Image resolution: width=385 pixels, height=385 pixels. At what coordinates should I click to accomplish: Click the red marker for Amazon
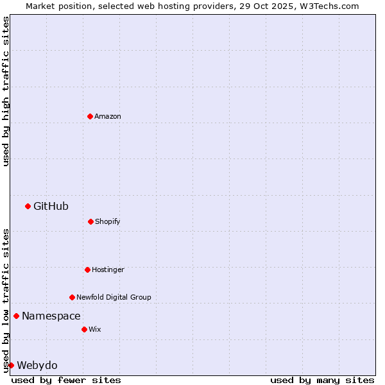pos(90,116)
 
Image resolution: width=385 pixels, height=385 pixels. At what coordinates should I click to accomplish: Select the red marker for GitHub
pos(28,206)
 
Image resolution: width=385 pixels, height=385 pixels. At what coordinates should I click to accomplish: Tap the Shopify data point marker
pos(90,221)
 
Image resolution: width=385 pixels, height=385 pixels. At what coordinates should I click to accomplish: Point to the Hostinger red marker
pos(87,269)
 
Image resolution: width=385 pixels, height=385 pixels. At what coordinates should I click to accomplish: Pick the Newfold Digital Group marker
pos(72,297)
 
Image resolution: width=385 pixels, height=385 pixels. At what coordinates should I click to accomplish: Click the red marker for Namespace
pos(16,316)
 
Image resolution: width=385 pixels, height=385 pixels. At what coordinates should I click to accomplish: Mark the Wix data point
pos(84,329)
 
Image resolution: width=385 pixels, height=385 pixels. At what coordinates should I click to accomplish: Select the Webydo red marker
pos(11,365)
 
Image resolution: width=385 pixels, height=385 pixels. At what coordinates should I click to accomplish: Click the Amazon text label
pos(108,116)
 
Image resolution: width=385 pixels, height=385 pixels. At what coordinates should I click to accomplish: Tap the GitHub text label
pos(51,206)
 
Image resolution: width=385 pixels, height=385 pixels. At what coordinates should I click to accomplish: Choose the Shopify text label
pos(108,221)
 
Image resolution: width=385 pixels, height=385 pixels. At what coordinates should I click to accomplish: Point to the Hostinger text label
pos(108,269)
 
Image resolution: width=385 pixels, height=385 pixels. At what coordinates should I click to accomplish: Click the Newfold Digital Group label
pos(114,297)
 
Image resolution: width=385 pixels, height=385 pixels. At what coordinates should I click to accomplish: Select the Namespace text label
pos(51,316)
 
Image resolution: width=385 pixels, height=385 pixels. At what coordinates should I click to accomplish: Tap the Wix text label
pos(95,329)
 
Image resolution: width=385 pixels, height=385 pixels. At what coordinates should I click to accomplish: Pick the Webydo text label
pos(37,365)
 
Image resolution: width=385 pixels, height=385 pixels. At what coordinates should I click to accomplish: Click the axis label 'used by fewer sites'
pos(66,380)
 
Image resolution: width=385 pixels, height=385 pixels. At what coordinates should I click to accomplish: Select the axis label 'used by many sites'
pos(322,380)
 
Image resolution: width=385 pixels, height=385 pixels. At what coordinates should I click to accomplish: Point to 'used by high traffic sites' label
pos(6,91)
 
